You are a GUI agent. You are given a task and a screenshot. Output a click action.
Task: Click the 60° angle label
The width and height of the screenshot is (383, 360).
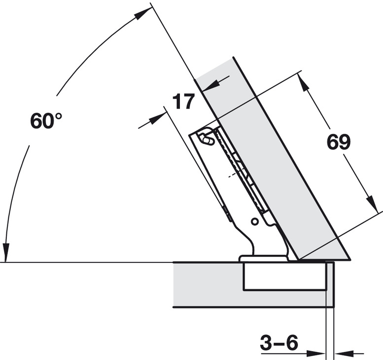46,120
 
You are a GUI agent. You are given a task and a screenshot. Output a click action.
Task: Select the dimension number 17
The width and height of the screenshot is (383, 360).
183,101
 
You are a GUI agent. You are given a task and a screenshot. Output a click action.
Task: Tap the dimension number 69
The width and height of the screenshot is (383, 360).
339,142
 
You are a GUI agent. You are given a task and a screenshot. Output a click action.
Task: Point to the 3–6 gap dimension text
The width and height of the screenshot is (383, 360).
279,342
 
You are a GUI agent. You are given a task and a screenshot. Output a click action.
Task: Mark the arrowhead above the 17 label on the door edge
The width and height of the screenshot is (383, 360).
210,86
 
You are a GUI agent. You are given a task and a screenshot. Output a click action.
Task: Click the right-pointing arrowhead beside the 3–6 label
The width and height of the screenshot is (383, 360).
316,354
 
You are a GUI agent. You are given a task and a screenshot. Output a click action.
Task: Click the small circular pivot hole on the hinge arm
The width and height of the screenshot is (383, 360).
254,221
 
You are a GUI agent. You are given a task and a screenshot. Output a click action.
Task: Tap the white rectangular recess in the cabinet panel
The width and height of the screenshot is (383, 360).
285,277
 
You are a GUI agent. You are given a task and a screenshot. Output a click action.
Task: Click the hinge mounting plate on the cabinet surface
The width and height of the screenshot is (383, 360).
264,259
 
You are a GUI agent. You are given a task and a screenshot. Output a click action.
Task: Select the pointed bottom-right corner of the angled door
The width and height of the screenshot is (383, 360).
350,259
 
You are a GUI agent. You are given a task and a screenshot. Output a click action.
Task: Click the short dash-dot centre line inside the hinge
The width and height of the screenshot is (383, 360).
233,175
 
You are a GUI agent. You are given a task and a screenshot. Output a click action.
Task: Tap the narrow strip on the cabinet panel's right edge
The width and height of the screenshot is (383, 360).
330,284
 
